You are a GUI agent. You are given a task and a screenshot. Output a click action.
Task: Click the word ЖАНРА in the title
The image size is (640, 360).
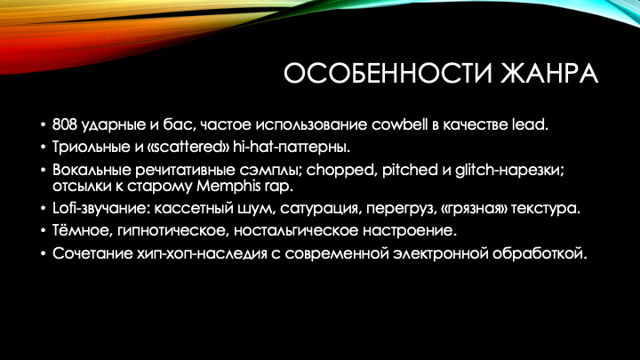point(549,74)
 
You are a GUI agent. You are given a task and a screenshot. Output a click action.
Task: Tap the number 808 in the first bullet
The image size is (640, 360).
point(65,124)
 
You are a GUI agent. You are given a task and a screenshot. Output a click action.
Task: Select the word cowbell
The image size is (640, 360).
point(399,124)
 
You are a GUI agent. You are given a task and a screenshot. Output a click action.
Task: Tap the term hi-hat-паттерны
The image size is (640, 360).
point(292,147)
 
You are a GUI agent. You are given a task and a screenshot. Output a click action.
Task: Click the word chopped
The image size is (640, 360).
point(340,170)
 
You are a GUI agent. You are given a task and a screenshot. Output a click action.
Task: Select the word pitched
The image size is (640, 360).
point(410,170)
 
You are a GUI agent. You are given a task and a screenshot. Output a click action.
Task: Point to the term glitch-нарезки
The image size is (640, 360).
point(510,170)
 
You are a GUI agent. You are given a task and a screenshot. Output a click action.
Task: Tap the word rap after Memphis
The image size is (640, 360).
point(278,187)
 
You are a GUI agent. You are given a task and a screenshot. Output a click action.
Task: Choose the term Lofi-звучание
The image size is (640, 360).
point(100,208)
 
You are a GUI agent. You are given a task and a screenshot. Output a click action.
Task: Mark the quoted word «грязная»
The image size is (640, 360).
point(474,209)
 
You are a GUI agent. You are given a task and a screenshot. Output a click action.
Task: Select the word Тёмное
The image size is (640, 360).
point(83,230)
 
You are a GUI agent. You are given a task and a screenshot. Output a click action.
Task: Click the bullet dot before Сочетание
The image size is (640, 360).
point(44,254)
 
